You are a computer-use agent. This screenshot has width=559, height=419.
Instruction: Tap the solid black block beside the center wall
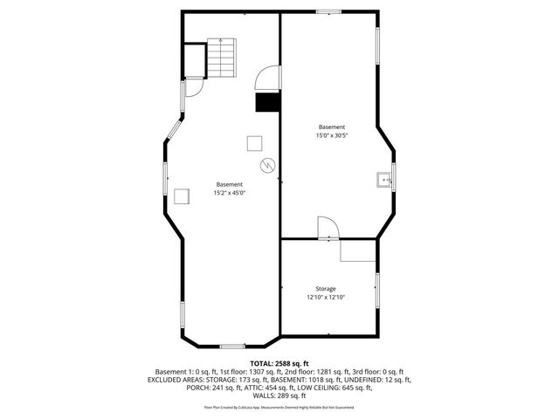266,103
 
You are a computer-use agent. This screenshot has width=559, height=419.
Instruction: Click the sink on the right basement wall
382,180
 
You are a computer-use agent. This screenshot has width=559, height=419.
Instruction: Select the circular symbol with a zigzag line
266,165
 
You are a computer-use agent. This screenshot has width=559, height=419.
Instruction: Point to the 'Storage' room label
326,289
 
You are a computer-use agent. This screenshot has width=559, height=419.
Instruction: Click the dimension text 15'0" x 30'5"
332,135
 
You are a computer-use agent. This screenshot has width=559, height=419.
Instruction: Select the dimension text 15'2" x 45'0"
230,193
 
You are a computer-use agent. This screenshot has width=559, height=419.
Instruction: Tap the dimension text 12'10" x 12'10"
326,298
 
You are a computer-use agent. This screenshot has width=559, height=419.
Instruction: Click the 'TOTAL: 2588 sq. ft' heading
279,363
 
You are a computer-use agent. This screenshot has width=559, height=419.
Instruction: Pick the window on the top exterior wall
328,11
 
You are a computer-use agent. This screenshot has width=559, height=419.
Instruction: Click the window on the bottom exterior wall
231,346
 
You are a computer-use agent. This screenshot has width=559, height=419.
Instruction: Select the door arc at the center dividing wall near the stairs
266,80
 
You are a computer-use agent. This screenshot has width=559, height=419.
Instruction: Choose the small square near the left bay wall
183,196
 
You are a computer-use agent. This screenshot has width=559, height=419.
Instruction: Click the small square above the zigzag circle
254,142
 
